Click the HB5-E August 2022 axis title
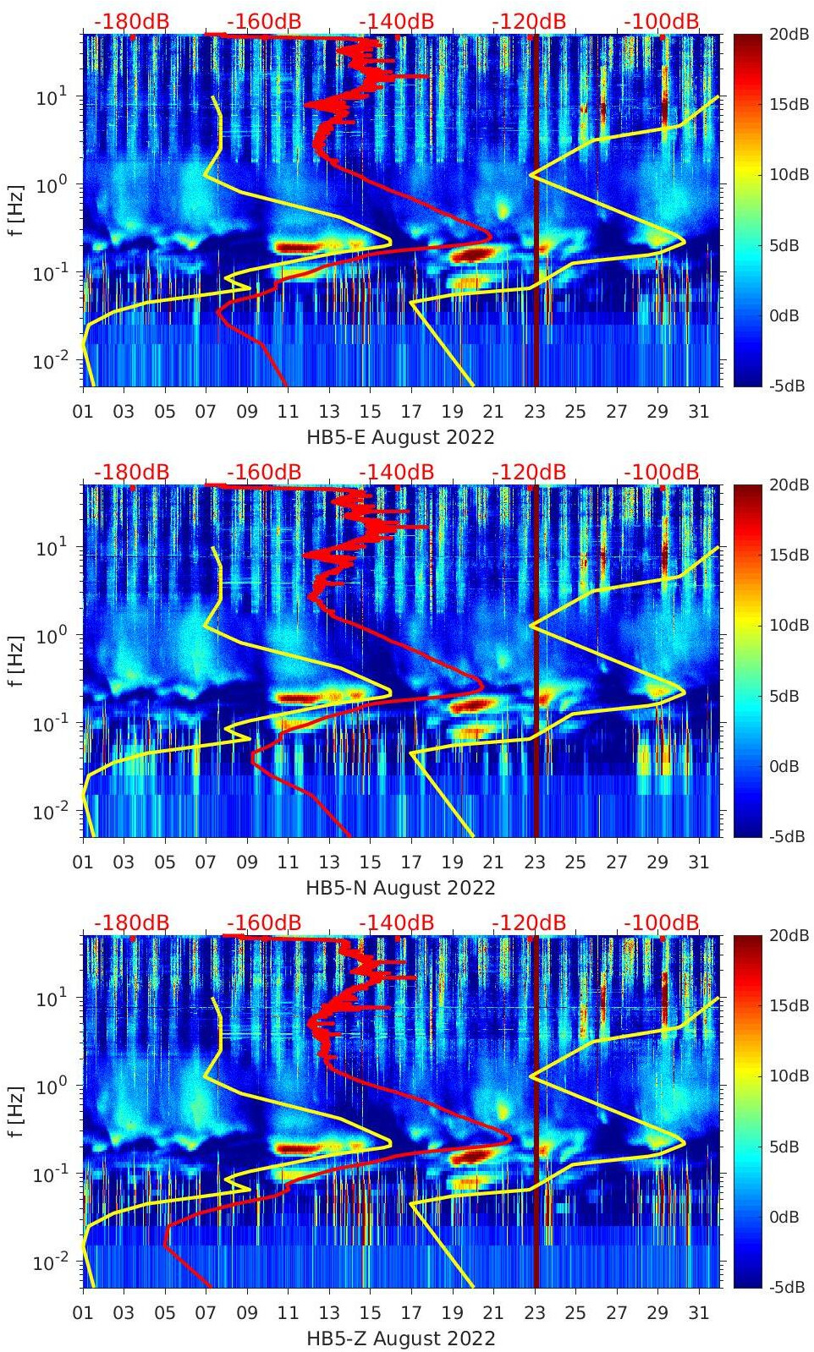click(400, 437)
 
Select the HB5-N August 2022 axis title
click(400, 888)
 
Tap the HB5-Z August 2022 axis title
click(400, 1338)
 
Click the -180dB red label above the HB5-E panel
click(131, 21)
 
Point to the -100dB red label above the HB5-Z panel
click(662, 922)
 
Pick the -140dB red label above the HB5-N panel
click(396, 472)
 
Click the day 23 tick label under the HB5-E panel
click(535, 412)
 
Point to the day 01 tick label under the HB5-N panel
click(83, 862)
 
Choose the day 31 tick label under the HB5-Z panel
click(698, 1313)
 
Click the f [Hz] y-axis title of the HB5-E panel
click(16, 211)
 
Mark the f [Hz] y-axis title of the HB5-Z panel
click(16, 1111)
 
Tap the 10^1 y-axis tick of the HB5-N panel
click(48, 547)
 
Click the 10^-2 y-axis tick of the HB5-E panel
click(48, 361)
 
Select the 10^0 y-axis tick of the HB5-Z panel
click(48, 1086)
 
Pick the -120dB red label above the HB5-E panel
click(529, 21)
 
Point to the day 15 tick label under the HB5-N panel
click(370, 862)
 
